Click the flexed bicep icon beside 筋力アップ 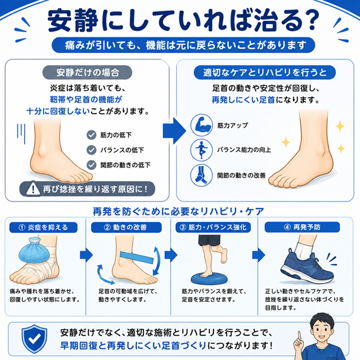201,125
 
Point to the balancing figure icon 201,150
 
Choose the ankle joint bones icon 201,176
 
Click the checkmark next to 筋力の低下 92,135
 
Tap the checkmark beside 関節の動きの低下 92,165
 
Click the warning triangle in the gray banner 33,189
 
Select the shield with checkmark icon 35,339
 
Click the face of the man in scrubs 321,331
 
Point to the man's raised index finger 299,337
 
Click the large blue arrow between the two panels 174,131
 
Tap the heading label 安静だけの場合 87,73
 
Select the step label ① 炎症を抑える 44,227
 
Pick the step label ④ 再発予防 302,227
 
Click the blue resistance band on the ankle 136,257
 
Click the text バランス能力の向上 244,150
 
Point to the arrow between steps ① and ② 87,255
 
